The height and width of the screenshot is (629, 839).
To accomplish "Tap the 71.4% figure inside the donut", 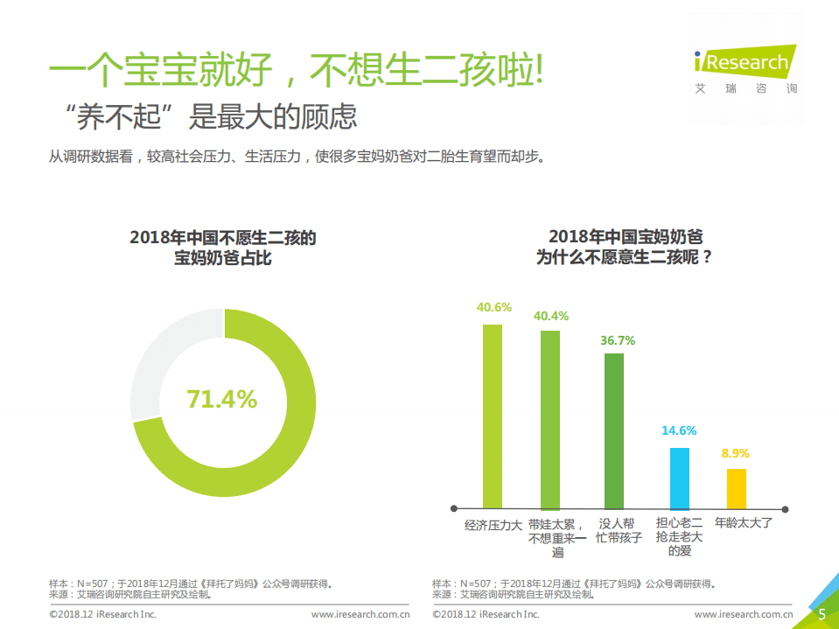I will pos(222,400).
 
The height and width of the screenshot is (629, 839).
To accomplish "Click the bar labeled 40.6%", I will pos(493,416).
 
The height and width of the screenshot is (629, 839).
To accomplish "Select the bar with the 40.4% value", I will pos(549,419).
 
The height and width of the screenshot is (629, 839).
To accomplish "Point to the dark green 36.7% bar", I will pos(614,430).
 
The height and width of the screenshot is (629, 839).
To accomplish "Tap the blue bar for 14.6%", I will pos(679,478).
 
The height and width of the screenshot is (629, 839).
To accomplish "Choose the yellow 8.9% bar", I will pos(737,488).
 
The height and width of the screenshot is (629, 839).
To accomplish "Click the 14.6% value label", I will pos(679,430).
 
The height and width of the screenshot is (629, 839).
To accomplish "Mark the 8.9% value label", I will pos(736,453).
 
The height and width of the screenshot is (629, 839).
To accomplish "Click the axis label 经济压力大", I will pos(493,526).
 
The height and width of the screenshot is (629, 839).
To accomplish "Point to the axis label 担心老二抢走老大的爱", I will pos(679,537).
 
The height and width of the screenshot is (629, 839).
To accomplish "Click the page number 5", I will pos(822,614).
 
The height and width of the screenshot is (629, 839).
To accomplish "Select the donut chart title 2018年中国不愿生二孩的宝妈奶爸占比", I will pos(222,248).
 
